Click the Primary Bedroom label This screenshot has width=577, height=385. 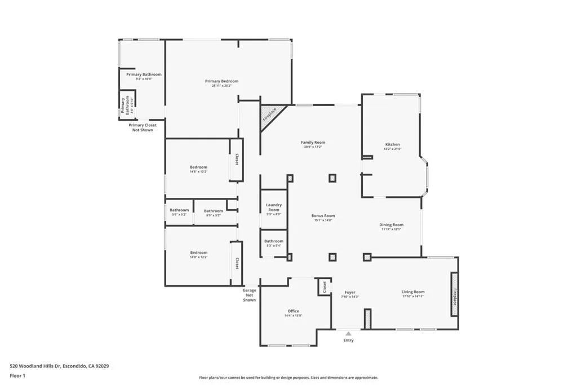(221, 81)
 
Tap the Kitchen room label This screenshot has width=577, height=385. (392, 144)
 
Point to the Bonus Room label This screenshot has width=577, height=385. (323, 216)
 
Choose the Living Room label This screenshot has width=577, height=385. (412, 292)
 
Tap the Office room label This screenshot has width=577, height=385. (293, 311)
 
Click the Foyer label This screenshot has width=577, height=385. (350, 293)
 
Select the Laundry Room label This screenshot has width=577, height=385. (274, 207)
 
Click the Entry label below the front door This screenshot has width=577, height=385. (349, 340)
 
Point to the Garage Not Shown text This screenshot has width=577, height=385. (250, 295)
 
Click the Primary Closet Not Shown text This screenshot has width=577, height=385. (143, 127)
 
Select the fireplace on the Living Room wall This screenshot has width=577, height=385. (454, 294)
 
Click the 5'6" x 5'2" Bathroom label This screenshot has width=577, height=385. (179, 211)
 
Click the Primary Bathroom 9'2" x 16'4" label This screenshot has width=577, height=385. (144, 75)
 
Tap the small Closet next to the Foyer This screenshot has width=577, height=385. (323, 287)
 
